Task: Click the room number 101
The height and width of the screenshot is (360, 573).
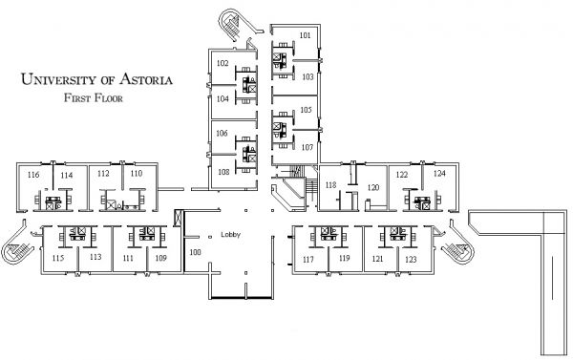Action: pos(305,35)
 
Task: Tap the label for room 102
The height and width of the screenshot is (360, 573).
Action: pos(222,63)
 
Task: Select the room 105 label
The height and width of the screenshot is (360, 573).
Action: pos(306,110)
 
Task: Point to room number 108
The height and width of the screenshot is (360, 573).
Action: pos(222,172)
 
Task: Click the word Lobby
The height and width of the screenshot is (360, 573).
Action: pos(229,234)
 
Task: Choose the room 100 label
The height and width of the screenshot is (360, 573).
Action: pos(195,252)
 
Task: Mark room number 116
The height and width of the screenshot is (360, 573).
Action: pos(33,176)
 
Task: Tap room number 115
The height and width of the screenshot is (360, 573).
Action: pos(57,259)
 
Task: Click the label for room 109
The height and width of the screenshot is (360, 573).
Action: pos(160,259)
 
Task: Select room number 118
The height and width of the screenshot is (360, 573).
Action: pos(331,184)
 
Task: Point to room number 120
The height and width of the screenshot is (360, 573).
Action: pos(373,188)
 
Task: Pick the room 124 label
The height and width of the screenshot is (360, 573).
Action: pos(439,175)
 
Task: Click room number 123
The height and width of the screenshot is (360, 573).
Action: pos(411,259)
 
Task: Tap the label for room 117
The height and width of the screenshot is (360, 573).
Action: pos(308,259)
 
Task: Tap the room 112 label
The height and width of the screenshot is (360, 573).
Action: pos(103,175)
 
